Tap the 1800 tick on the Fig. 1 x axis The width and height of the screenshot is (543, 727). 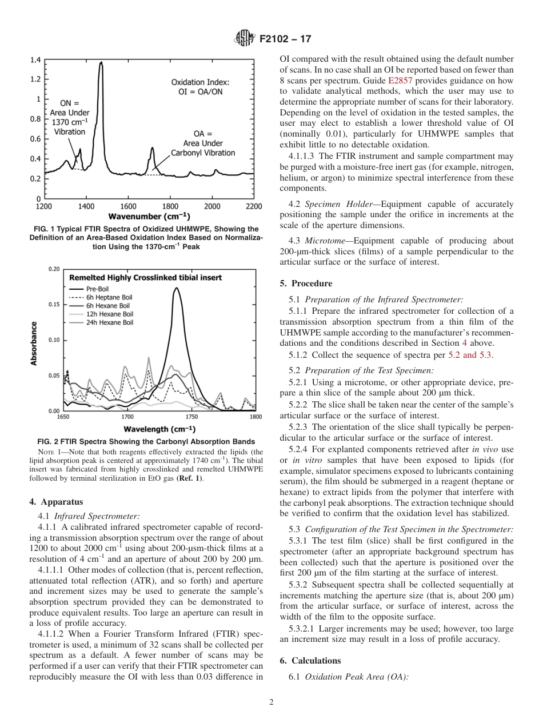[170, 206]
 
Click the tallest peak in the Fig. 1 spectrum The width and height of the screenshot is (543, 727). [101, 63]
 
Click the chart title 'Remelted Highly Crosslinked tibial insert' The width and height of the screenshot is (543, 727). [145, 278]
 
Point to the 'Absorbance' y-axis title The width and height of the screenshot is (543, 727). [34, 343]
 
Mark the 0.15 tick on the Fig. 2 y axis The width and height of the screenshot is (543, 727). [54, 305]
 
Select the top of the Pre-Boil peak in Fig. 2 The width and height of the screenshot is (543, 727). [177, 288]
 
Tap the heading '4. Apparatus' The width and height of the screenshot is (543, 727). [56, 502]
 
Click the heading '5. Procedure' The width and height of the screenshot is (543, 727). [306, 283]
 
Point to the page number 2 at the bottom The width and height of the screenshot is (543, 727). [271, 703]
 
